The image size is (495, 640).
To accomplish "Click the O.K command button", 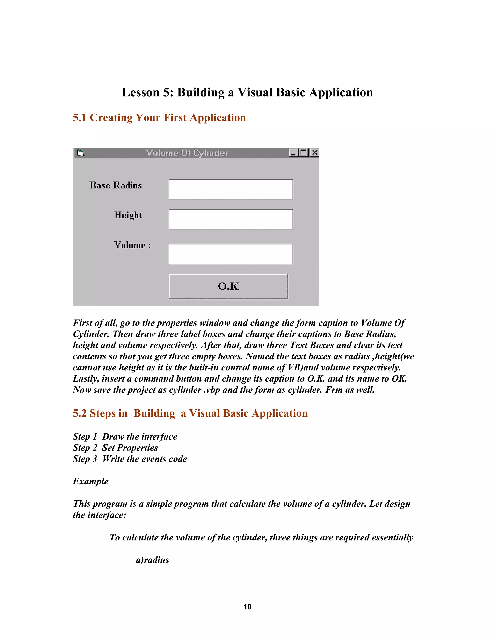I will [x=228, y=286].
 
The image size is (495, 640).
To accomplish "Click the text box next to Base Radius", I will [x=231, y=189].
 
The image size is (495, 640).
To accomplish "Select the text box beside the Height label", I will [x=231, y=219].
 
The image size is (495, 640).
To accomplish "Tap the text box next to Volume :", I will [x=231, y=254].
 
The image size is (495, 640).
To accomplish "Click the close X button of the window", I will [x=314, y=153].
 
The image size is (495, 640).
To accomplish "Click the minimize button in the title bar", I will [x=293, y=153].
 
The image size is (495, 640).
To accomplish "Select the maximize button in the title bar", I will [x=304, y=153].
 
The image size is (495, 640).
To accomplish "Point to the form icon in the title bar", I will [x=80, y=153].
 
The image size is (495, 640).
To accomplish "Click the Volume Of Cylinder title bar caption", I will [x=187, y=153].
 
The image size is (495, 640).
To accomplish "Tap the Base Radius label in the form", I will [x=115, y=185].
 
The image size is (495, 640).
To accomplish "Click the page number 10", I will [x=247, y=607].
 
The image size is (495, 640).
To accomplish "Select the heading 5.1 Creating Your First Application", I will [x=159, y=118].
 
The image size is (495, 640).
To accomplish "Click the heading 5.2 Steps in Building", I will [x=190, y=413].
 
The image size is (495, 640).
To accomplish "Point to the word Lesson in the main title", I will [x=140, y=92].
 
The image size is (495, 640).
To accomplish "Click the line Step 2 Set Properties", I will [x=115, y=448].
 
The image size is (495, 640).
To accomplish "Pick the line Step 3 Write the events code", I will [x=130, y=459].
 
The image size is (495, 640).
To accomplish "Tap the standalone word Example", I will [x=91, y=481].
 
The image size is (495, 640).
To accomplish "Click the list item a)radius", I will [x=153, y=560].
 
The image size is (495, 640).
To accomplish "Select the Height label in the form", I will [x=128, y=215].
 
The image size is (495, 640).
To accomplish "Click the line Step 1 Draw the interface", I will [x=125, y=437].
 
